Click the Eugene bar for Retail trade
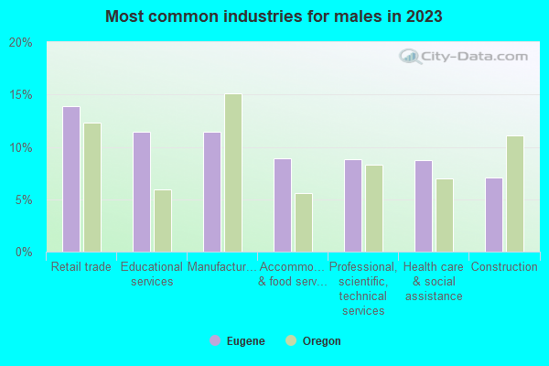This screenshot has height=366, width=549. coord(71,179)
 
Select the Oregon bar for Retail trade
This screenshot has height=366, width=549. coord(92,188)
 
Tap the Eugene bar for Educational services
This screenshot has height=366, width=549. coord(142,192)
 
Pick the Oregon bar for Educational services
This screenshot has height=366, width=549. coord(163,221)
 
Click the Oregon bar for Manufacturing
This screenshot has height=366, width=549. coord(233,173)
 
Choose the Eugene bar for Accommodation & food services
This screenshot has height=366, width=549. coord(283,205)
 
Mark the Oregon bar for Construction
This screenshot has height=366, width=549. coord(515,194)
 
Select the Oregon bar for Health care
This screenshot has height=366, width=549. coord(445,215)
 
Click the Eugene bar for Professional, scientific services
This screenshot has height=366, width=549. coord(353,206)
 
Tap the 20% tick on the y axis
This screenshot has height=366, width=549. coord(20,43)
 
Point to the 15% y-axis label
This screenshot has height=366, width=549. coord(20,95)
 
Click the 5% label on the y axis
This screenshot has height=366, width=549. coord(23,199)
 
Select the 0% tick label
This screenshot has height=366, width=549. coord(23,252)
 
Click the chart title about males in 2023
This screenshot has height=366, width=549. coord(274,16)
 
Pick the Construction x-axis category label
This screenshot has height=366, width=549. coord(504,267)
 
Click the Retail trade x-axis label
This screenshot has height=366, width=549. coord(81,267)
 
